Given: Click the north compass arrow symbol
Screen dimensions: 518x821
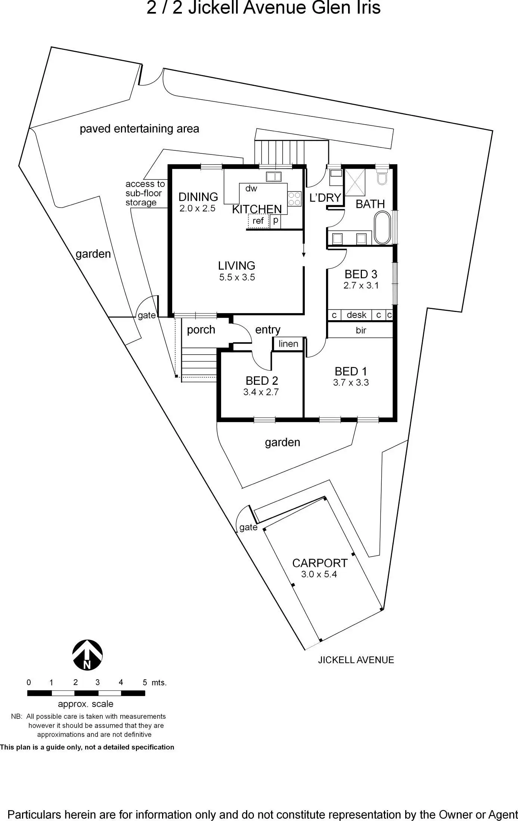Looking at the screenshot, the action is coord(87,655).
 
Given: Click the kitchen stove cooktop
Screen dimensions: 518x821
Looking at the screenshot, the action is coord(294,198).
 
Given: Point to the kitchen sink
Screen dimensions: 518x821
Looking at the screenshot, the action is coord(273,177).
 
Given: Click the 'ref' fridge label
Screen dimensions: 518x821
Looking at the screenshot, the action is coord(258,221).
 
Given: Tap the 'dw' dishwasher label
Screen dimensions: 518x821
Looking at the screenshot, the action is coord(251,188).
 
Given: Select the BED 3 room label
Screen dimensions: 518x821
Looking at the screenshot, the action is coord(361,274).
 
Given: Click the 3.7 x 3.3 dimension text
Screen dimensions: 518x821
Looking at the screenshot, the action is coord(351,383).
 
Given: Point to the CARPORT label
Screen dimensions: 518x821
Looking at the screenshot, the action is coord(320,563).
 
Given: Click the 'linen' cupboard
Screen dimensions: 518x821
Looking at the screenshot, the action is coord(288,344).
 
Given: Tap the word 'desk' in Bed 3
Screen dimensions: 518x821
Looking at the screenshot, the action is coord(356,315).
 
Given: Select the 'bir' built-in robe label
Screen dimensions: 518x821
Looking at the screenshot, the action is coord(361,330).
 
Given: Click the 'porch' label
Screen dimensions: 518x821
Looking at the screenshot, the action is coord(201,330).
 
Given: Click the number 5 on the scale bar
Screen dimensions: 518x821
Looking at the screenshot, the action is coord(145,683).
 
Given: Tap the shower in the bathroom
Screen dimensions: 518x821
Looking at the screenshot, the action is coord(355,182).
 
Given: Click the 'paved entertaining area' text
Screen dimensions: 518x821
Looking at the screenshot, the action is coord(139,129).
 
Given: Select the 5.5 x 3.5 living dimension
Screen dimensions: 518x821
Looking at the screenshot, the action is coord(237,277).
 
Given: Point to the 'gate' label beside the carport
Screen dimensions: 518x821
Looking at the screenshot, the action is coord(248,527).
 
